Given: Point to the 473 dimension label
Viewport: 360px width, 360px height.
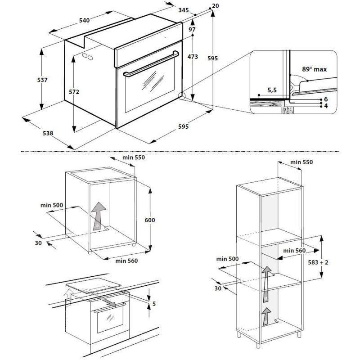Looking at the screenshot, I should [x=193, y=57].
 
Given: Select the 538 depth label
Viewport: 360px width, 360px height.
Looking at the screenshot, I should [x=48, y=133].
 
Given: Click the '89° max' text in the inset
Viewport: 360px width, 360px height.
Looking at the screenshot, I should [x=314, y=69].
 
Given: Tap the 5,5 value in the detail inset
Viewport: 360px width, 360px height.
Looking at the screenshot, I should [x=272, y=90].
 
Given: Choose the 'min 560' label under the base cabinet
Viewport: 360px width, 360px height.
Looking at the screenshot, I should [x=126, y=261].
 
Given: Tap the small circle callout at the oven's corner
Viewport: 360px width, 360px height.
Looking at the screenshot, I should [x=182, y=95].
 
